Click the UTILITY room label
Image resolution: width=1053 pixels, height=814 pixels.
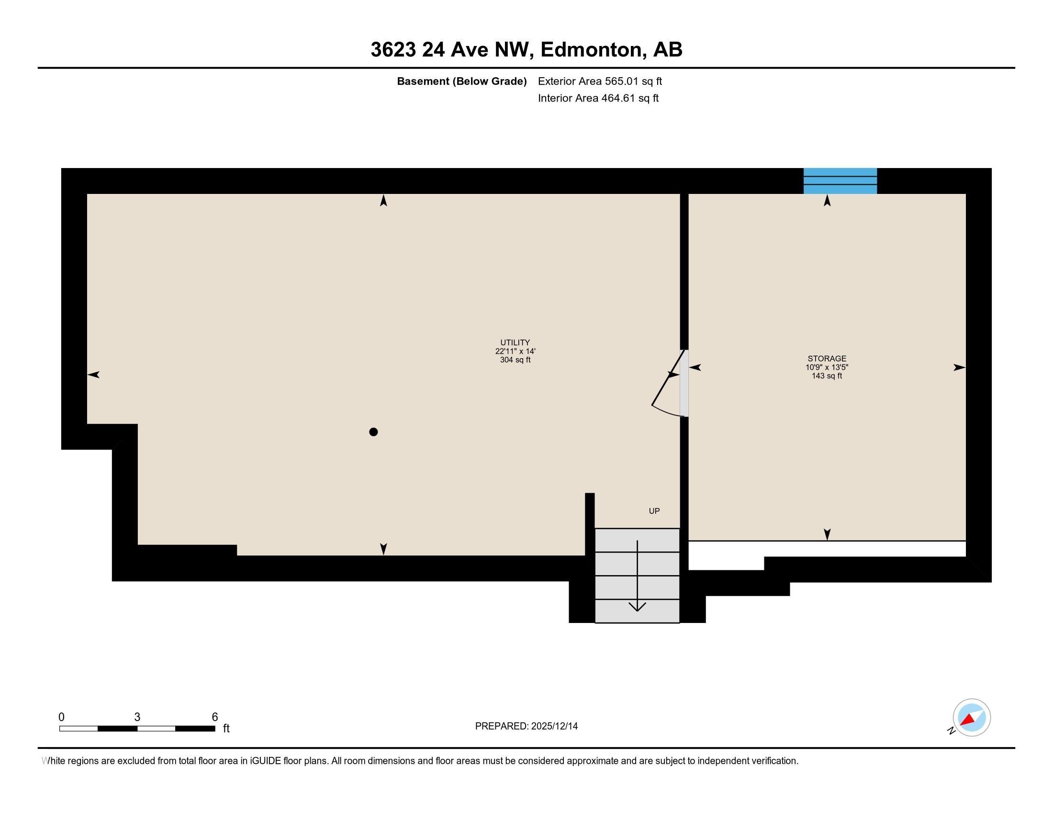click(x=515, y=342)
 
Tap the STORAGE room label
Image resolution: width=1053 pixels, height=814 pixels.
click(x=827, y=358)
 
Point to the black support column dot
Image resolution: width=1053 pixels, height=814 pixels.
click(x=373, y=431)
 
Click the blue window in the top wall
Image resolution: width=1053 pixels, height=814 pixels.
click(x=840, y=181)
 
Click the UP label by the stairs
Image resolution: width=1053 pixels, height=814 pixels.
click(x=654, y=511)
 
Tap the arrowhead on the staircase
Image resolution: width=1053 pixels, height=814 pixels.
click(x=638, y=607)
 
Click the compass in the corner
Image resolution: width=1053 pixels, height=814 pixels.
click(x=971, y=717)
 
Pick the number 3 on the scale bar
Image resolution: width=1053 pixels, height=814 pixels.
click(x=137, y=717)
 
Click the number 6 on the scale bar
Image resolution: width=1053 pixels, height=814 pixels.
click(x=215, y=717)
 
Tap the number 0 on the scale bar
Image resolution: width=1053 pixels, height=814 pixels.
click(x=61, y=717)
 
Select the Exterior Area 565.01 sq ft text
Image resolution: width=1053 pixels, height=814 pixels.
click(x=600, y=81)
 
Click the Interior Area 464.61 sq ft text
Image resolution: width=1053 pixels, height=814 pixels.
click(x=598, y=98)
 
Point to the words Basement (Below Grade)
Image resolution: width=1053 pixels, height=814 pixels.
click(x=462, y=81)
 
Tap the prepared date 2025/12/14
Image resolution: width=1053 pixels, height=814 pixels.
click(x=554, y=726)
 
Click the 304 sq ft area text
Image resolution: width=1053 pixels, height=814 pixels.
click(x=515, y=360)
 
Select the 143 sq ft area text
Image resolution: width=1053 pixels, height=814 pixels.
click(x=827, y=376)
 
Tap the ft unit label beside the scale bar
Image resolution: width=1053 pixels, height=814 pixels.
click(x=226, y=728)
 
